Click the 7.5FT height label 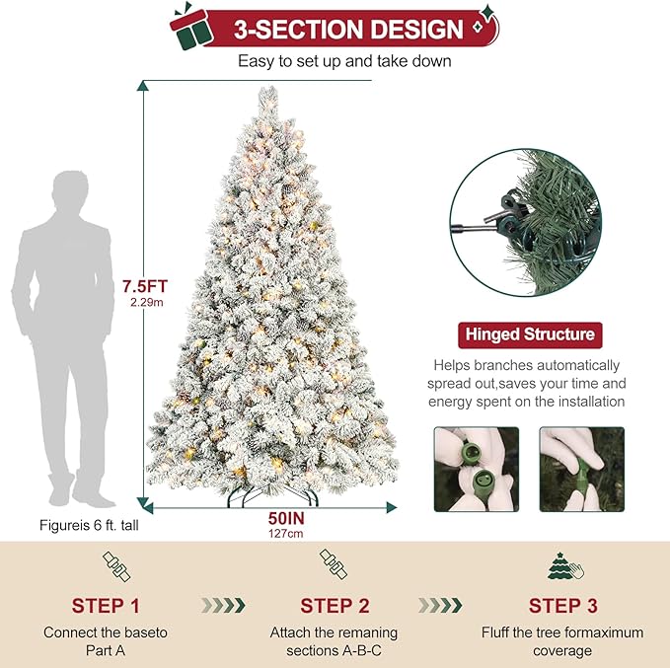(145, 286)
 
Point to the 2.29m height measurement (146, 303)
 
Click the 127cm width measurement (273, 533)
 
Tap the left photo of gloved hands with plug (477, 469)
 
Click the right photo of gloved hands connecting (582, 469)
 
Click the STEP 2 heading (334, 605)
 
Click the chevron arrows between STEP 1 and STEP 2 (222, 605)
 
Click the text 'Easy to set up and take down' (344, 61)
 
